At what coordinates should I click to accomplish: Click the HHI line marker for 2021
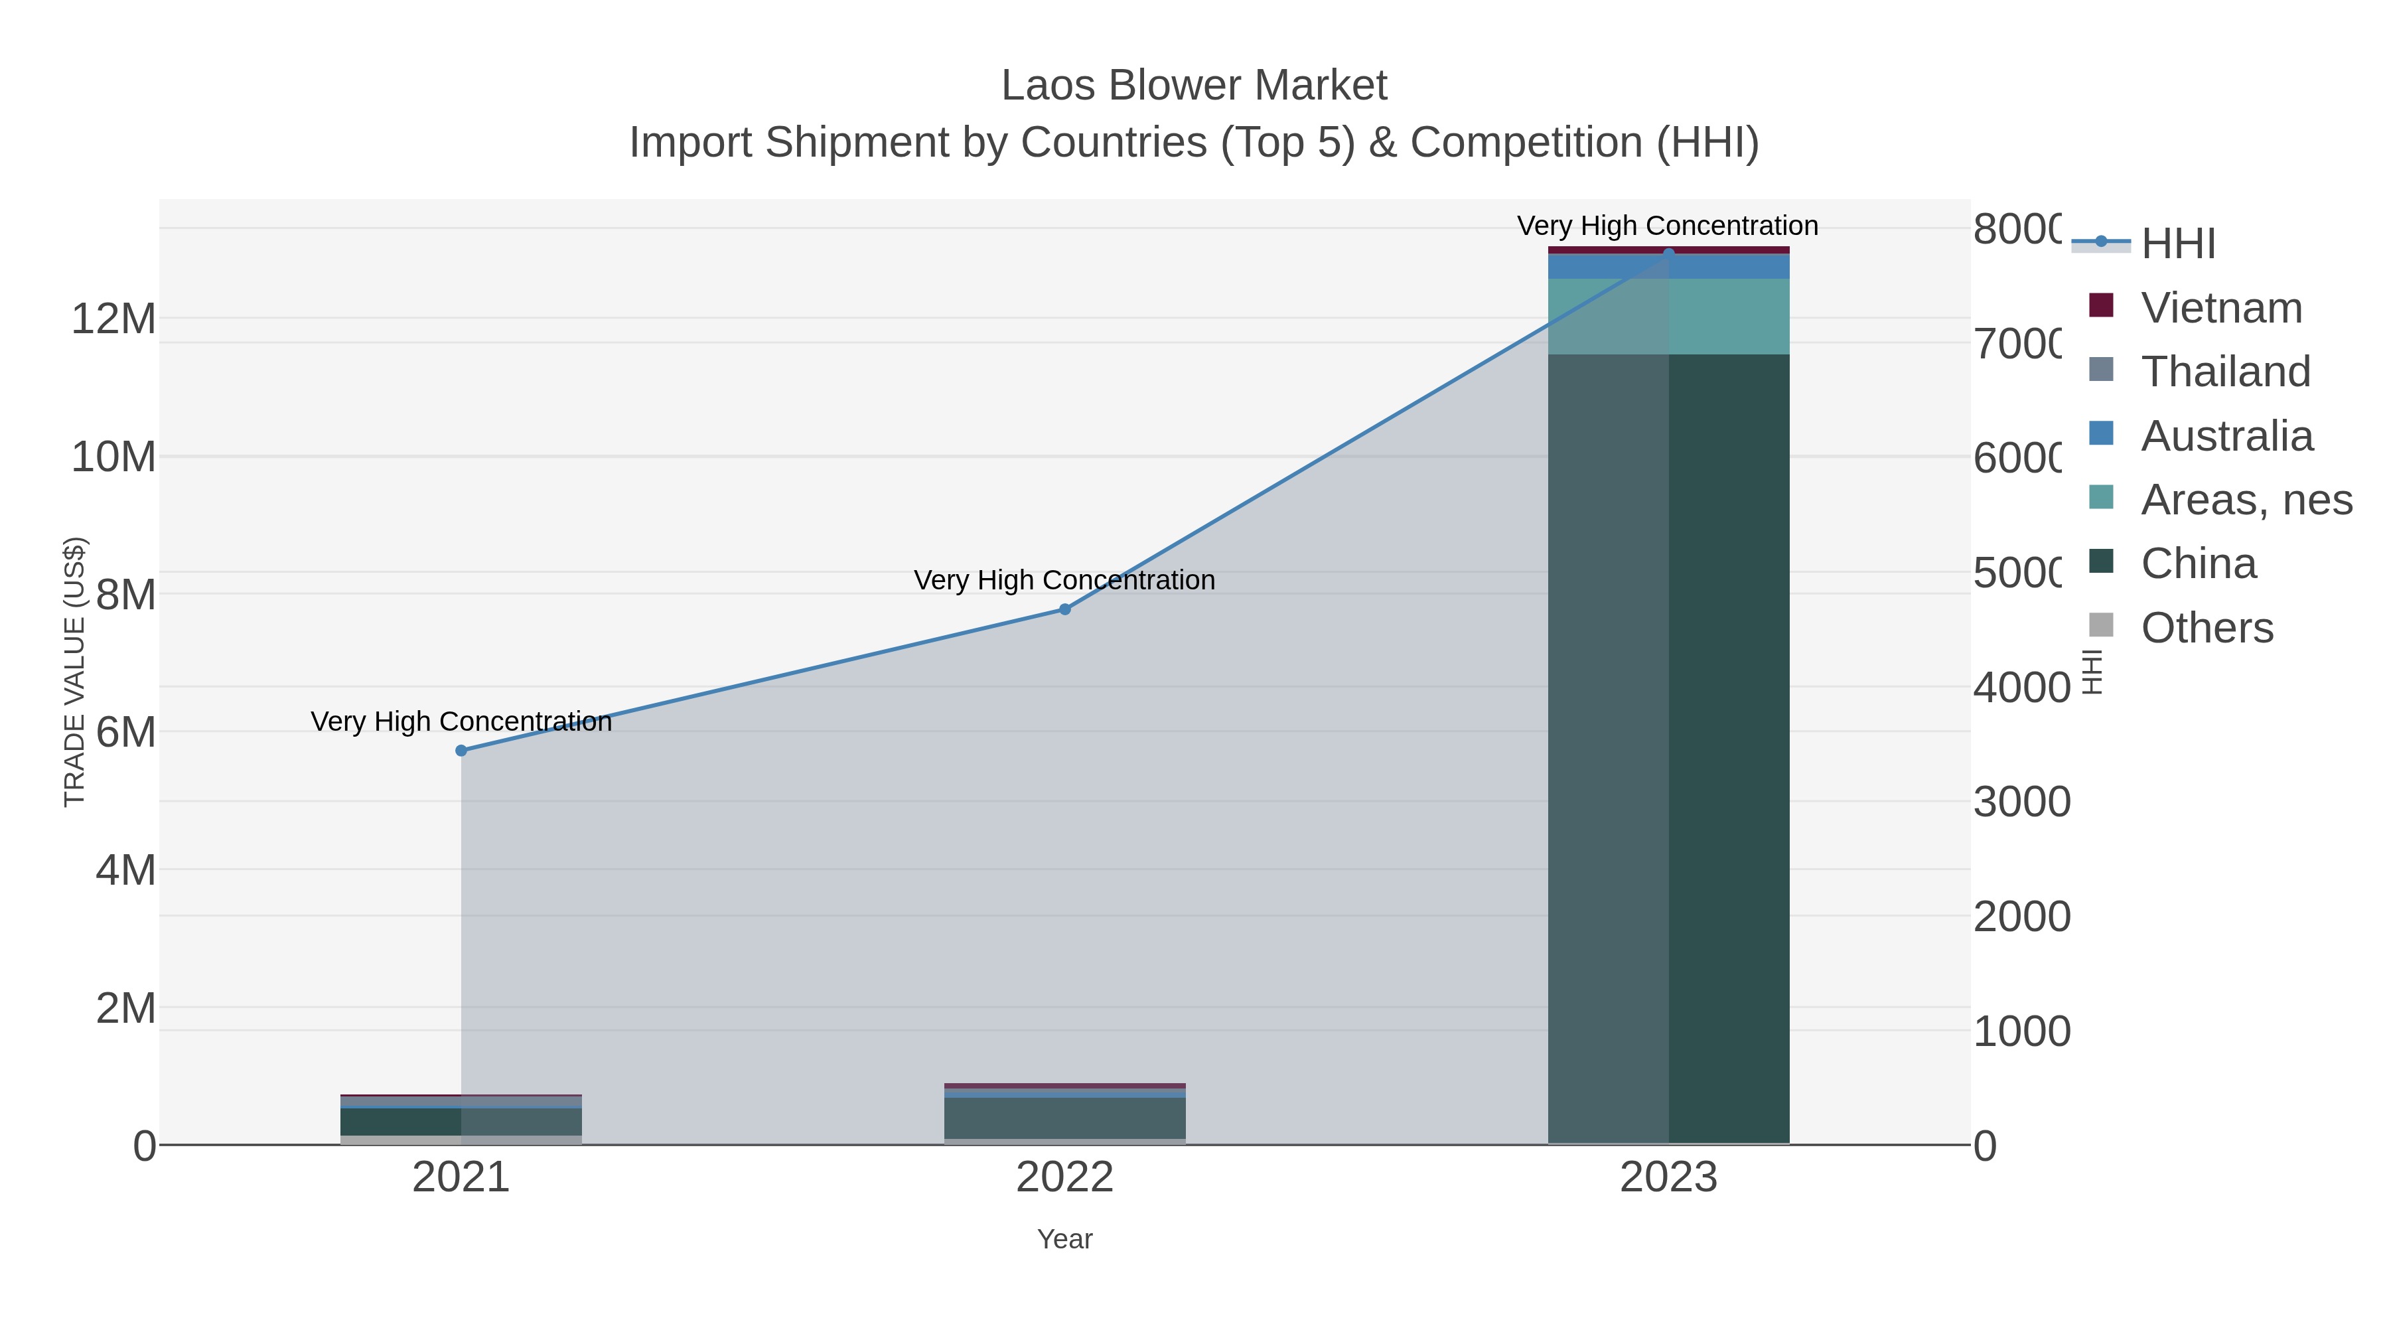pos(461,751)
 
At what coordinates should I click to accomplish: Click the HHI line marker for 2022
pos(1064,609)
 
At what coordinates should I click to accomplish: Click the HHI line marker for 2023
pos(1668,254)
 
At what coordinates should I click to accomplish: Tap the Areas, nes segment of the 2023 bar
pos(1668,317)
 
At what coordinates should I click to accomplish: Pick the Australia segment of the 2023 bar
pos(1668,267)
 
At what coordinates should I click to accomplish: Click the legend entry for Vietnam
pos(2221,308)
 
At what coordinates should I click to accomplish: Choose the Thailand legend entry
pos(2225,372)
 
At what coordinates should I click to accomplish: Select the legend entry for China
pos(2198,564)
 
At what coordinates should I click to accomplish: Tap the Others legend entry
pos(2207,628)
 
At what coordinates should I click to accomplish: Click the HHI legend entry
pos(2177,244)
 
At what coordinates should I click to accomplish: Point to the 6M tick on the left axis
pos(125,733)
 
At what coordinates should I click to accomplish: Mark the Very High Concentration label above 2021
pos(461,721)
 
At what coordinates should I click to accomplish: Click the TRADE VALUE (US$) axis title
pos(74,672)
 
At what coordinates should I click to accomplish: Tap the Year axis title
pos(1064,1239)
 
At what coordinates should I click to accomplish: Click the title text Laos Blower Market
pos(1194,86)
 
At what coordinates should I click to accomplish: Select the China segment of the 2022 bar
pos(1064,1118)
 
